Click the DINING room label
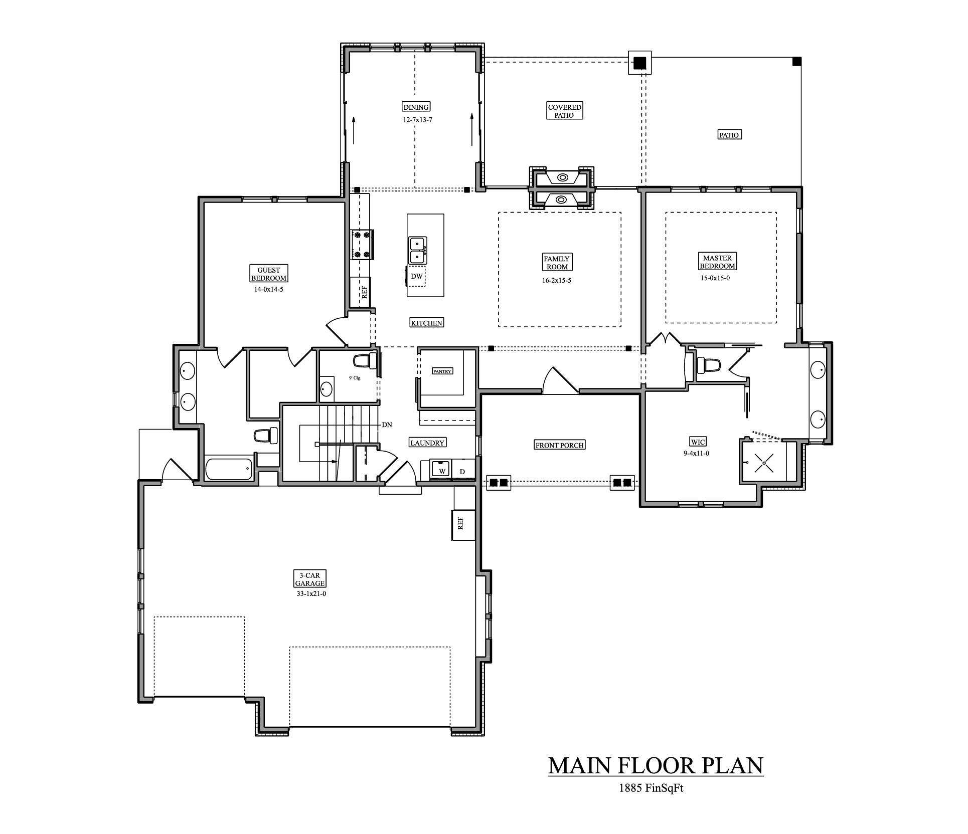click(x=416, y=107)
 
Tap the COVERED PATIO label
click(x=564, y=111)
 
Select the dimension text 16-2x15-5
click(x=557, y=280)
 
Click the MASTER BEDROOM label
click(x=717, y=262)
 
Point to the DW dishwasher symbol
click(x=416, y=276)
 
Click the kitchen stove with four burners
click(x=362, y=245)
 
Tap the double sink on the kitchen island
click(x=417, y=250)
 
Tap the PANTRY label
click(x=442, y=371)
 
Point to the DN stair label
click(x=387, y=425)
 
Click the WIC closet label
click(x=698, y=442)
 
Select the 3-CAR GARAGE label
click(x=309, y=579)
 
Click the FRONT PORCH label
click(x=559, y=445)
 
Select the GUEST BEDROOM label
click(x=269, y=274)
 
